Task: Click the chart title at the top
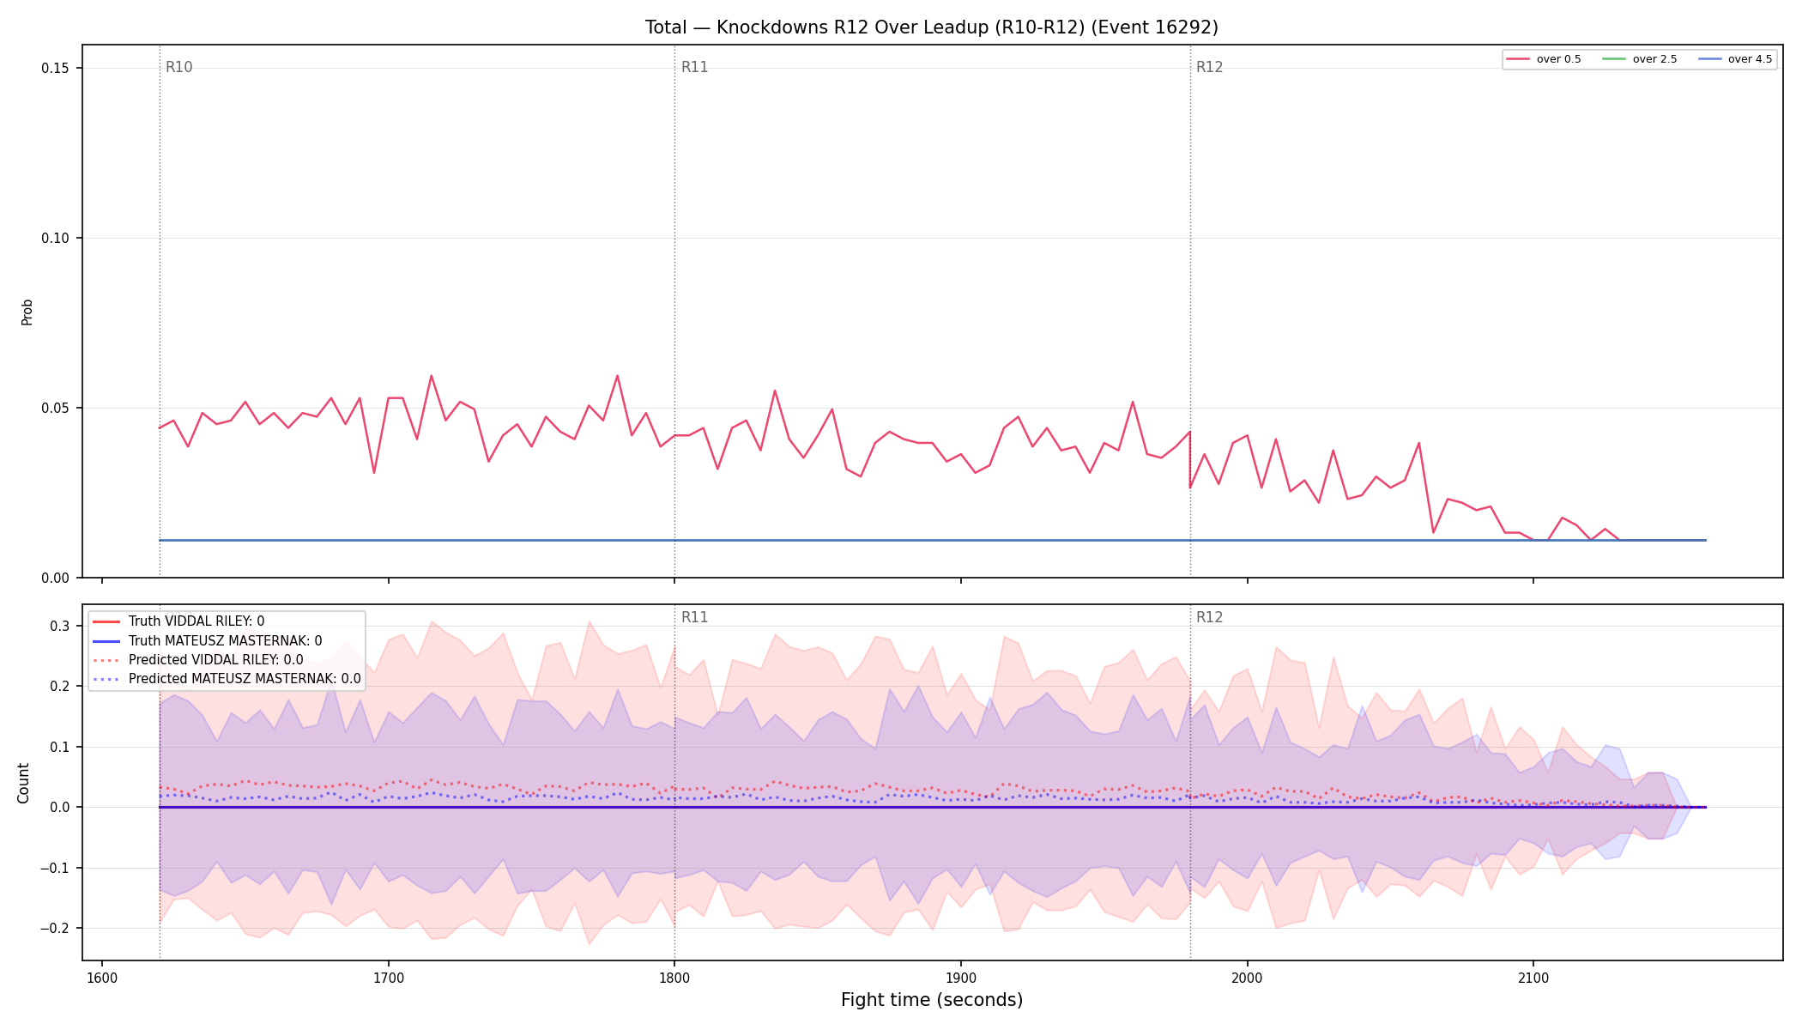932,27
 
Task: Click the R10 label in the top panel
179,67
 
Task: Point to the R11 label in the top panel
695,67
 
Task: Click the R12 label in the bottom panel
1210,617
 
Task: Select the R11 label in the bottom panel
695,617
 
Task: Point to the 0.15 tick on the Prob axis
56,69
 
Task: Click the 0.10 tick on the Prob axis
56,238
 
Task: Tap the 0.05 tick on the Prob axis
56,408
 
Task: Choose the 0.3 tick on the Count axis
60,626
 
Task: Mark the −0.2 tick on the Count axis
54,928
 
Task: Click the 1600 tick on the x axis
102,978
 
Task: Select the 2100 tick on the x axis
1533,978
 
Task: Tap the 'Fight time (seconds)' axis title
932,1000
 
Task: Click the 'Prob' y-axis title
27,312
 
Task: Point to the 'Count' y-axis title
23,783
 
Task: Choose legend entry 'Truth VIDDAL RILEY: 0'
197,621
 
